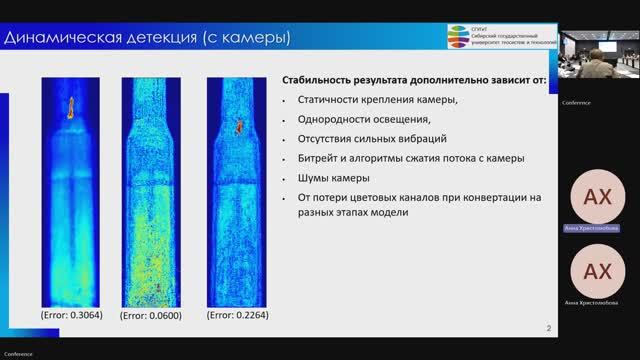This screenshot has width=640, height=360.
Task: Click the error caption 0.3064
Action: pos(71,315)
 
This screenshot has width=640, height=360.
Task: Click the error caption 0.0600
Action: pos(150,315)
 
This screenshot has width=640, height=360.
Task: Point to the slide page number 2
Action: pos(548,327)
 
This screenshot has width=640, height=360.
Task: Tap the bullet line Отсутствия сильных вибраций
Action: pos(371,138)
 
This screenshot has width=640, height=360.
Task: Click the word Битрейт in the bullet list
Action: pos(317,158)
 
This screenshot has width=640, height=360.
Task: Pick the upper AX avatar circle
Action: pos(597,194)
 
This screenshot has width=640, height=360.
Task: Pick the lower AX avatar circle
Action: pos(597,271)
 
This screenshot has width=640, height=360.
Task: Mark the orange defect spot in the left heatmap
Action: pos(71,108)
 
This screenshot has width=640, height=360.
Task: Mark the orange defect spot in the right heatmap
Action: pos(240,127)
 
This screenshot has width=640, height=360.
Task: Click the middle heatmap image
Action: pos(152,190)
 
